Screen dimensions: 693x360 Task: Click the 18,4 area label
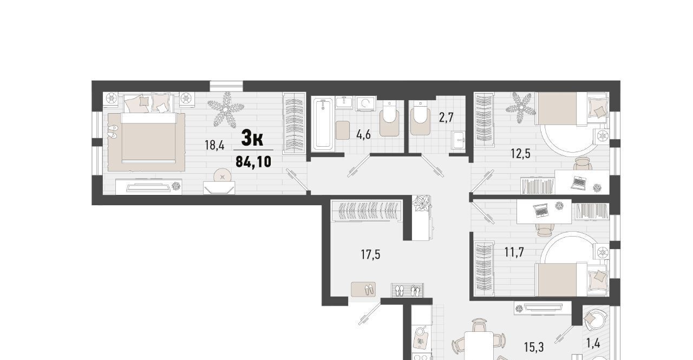(214, 145)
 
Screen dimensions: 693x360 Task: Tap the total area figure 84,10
(253, 161)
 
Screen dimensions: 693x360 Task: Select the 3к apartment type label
(252, 138)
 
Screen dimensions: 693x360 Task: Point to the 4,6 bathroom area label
(363, 135)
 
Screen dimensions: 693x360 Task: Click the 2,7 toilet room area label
(446, 117)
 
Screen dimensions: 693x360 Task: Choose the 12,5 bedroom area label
(520, 153)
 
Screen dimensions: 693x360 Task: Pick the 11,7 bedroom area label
(514, 252)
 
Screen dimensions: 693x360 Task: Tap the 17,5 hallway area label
(370, 254)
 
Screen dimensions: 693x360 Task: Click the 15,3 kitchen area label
(534, 347)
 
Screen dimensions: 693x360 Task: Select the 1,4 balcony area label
(593, 343)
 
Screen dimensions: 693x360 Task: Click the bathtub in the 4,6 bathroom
(323, 124)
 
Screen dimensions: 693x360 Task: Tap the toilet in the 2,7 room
(420, 118)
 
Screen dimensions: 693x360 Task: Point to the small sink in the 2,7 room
(458, 140)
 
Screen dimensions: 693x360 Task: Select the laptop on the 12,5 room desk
(578, 183)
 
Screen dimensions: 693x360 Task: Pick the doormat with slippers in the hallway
(363, 290)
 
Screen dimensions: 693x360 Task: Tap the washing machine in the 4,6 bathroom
(365, 103)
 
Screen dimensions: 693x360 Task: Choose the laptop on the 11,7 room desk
(541, 211)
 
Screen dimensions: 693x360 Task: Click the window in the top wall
(226, 86)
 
